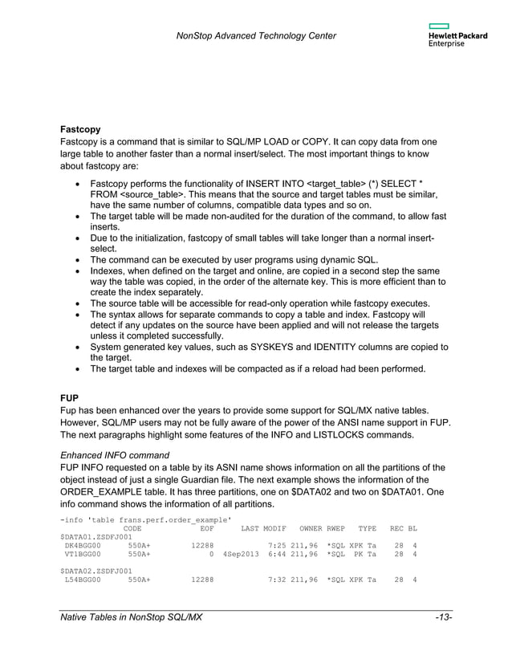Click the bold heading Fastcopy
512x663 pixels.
[x=83, y=128]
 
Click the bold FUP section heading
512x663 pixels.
[x=71, y=396]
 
